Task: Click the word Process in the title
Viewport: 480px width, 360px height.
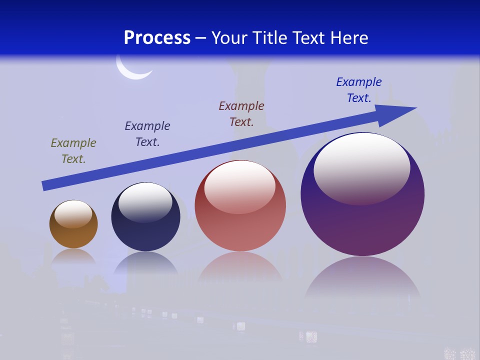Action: click(x=157, y=38)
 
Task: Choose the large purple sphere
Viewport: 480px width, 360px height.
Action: click(x=362, y=220)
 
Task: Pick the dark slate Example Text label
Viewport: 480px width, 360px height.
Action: click(x=147, y=134)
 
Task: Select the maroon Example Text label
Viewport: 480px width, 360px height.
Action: click(x=241, y=114)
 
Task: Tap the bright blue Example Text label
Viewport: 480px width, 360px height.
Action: click(x=359, y=90)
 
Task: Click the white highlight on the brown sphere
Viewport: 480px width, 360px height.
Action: click(x=73, y=214)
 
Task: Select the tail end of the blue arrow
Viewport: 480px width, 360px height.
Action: click(x=46, y=185)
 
